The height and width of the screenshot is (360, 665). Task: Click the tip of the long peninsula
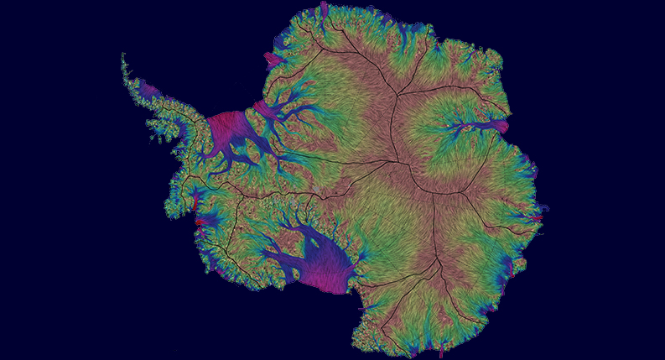click(123, 55)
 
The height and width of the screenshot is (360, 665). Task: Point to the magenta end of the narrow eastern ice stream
click(500, 127)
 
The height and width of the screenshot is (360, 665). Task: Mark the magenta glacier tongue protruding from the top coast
click(322, 11)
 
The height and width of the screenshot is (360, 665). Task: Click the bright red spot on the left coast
click(195, 201)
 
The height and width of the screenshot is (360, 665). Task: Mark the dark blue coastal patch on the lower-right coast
click(507, 269)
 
